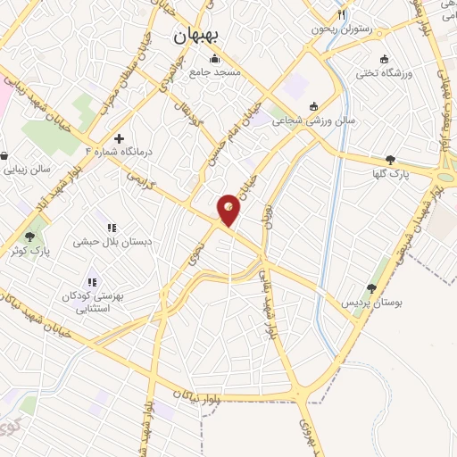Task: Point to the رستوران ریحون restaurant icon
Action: pyautogui.click(x=340, y=16)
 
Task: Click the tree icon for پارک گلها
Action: pyautogui.click(x=390, y=160)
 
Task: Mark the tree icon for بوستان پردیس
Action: pyautogui.click(x=370, y=288)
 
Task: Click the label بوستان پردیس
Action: pyautogui.click(x=370, y=303)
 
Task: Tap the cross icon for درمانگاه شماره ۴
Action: pyautogui.click(x=119, y=138)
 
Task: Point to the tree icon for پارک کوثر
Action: pyautogui.click(x=30, y=237)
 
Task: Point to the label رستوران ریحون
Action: pyautogui.click(x=340, y=29)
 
